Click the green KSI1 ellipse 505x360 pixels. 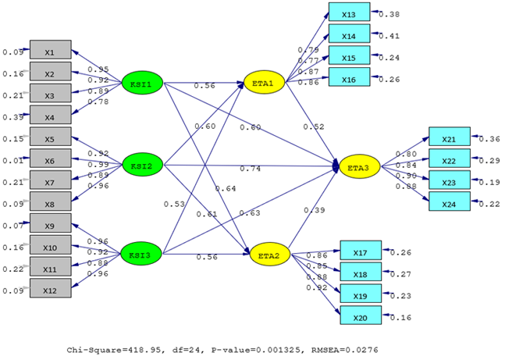tap(142, 84)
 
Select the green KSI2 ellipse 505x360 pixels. tap(142, 166)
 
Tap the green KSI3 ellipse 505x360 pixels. tap(142, 254)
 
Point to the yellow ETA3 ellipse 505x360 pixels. tap(359, 166)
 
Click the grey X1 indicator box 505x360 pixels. tap(50, 52)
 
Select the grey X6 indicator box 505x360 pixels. tap(50, 161)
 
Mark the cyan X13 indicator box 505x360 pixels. tap(349, 14)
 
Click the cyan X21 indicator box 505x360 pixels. tap(449, 138)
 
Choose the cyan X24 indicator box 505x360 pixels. tap(449, 203)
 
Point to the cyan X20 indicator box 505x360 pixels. tap(361, 317)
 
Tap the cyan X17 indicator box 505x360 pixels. tap(361, 251)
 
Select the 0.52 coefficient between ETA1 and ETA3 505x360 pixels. tap(315, 127)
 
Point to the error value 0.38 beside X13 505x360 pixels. tap(390, 14)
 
